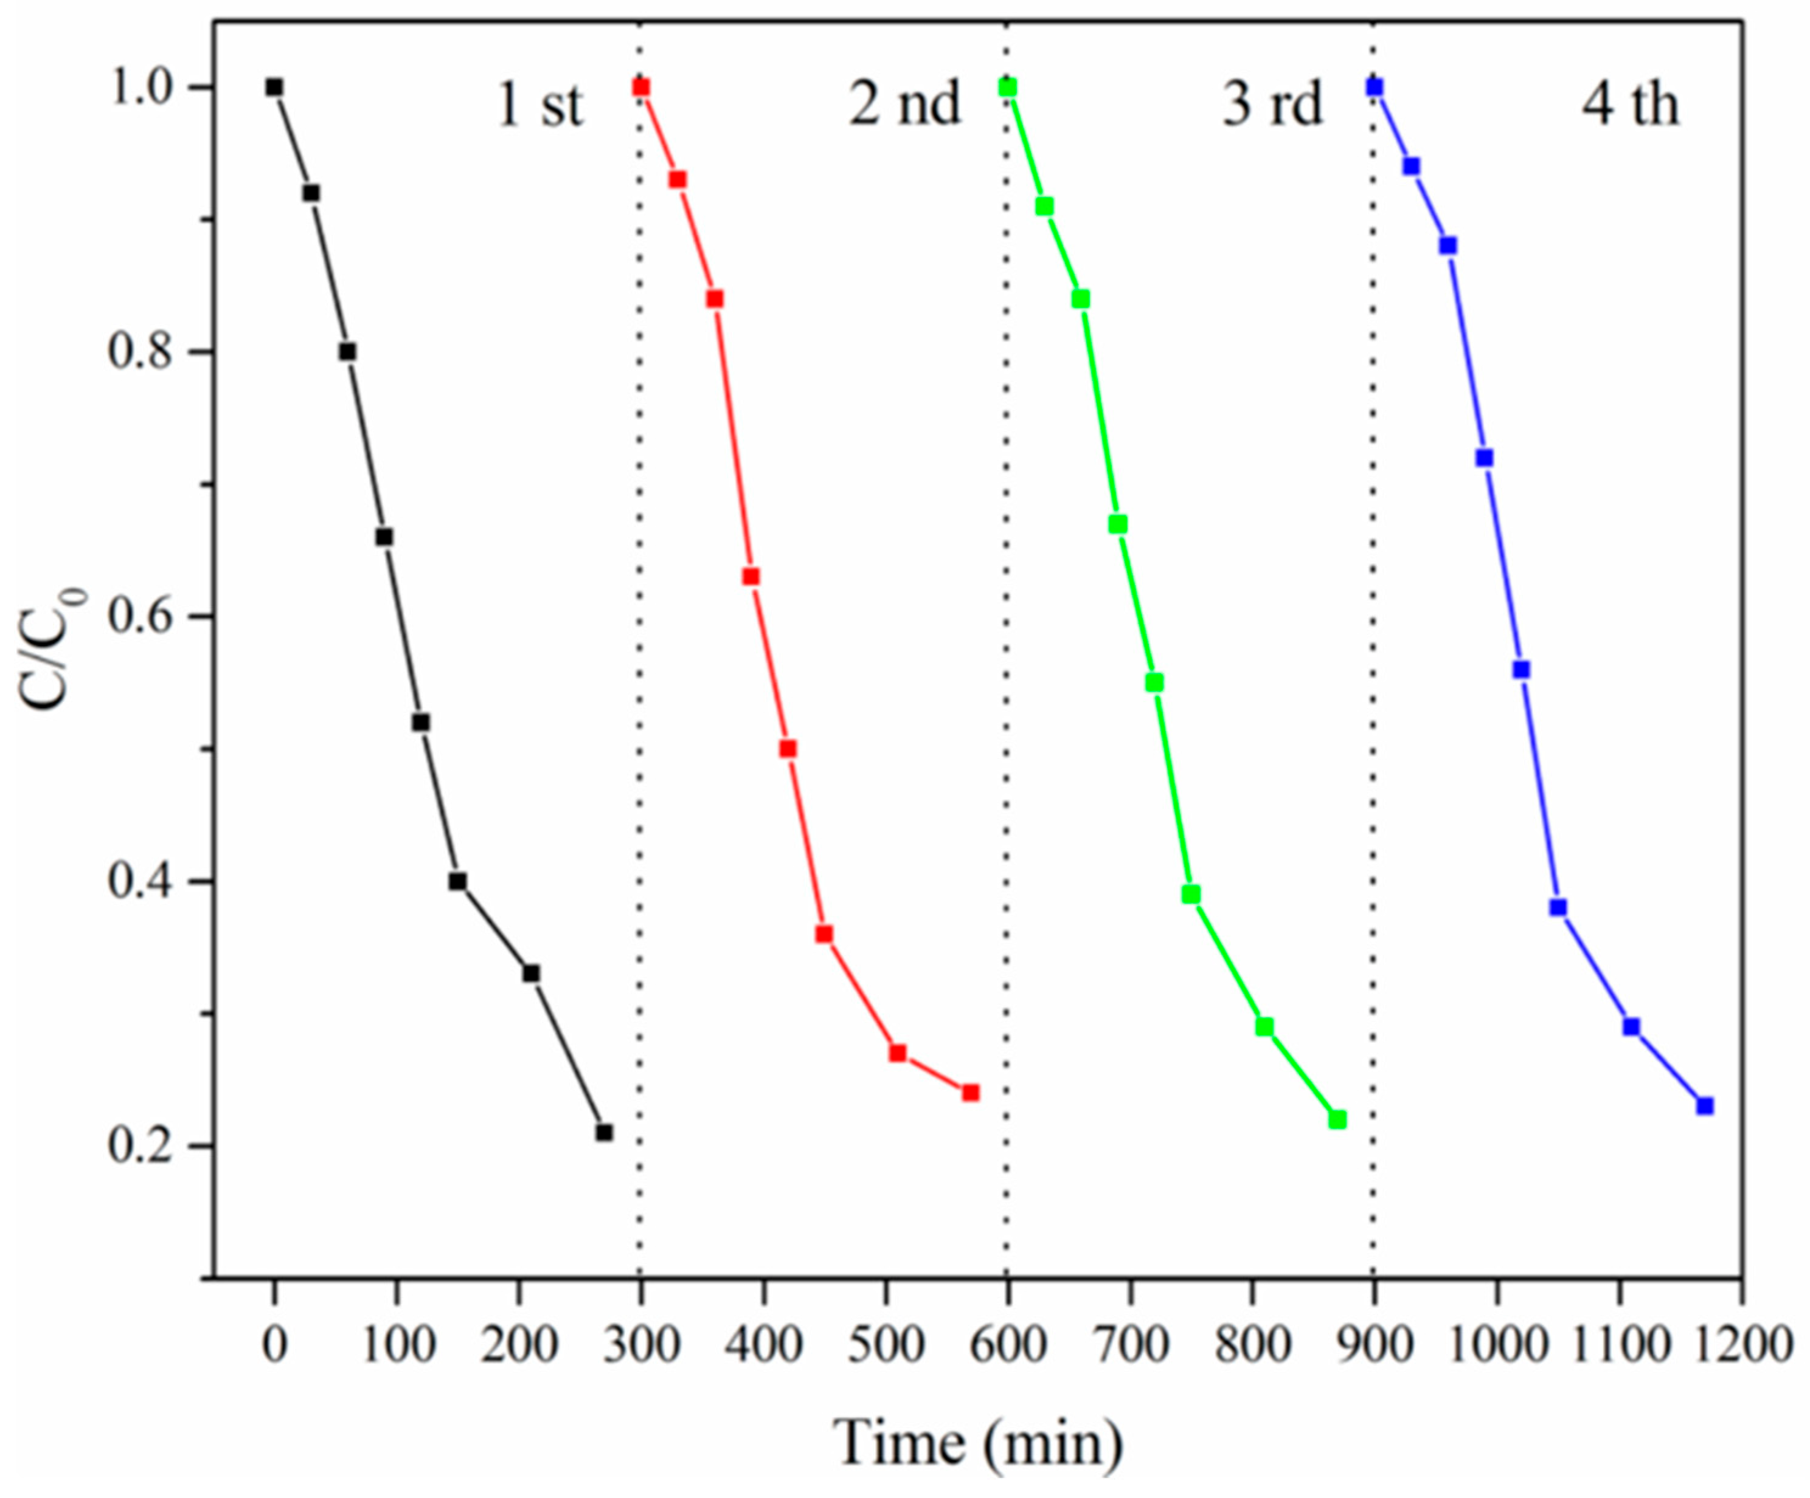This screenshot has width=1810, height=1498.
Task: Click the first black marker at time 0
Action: tap(274, 87)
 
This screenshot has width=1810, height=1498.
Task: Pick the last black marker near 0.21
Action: tap(604, 1133)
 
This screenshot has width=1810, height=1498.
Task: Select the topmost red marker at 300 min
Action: tap(640, 87)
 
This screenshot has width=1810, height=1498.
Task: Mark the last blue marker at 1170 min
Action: tap(1705, 1106)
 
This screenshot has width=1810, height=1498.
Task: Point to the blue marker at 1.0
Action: tap(1375, 87)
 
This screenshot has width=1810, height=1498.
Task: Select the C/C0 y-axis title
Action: tap(52, 648)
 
